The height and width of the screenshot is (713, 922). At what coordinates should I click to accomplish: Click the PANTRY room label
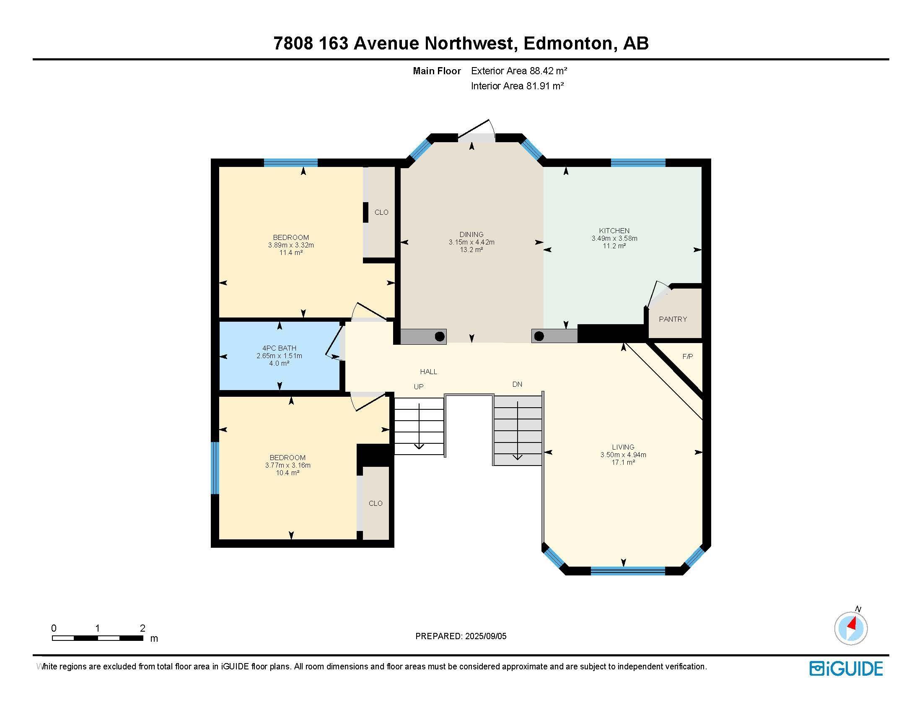point(673,319)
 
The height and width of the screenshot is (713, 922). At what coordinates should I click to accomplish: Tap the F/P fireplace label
point(687,356)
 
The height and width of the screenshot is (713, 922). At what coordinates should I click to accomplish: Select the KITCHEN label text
point(614,231)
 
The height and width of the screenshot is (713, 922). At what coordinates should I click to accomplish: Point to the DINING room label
point(471,234)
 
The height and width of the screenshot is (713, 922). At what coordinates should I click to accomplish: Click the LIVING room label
point(623,447)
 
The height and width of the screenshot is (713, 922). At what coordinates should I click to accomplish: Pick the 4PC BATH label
point(279,348)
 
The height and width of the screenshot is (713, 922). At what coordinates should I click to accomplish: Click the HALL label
point(428,372)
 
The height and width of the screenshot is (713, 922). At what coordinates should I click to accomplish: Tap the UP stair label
point(418,387)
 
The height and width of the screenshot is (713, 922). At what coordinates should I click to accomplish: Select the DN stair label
point(517,384)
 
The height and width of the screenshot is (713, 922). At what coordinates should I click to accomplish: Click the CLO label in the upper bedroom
point(381,213)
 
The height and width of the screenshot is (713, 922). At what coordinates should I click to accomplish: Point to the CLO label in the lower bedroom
point(376,503)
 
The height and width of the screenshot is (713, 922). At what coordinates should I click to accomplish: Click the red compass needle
point(852,623)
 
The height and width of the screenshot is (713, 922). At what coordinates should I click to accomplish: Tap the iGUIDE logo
point(846,669)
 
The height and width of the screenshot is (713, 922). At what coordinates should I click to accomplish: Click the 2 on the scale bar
point(142,628)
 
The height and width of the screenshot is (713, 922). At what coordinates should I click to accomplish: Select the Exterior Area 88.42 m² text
point(519,71)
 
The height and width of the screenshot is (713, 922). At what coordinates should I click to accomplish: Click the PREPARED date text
point(461,636)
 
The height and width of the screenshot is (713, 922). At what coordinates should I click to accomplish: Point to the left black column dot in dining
point(440,337)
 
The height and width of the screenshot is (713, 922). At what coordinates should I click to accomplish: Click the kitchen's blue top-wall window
point(638,163)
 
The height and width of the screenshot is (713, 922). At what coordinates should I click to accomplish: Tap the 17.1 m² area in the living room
point(623,462)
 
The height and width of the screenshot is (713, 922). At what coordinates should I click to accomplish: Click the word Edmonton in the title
point(568,43)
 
